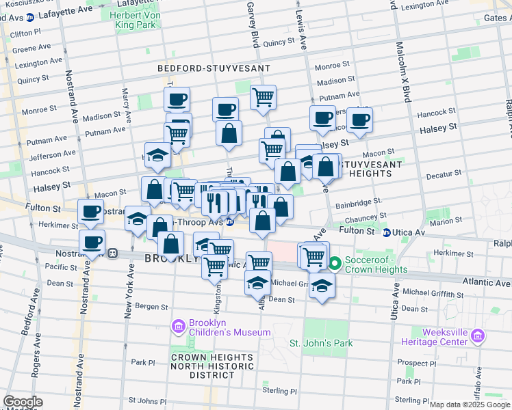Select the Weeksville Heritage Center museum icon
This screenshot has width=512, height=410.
click(x=478, y=336)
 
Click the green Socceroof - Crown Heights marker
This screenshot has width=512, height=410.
click(x=335, y=263)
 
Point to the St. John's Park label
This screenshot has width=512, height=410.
click(x=320, y=343)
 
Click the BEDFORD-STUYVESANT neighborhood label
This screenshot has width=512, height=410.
click(x=214, y=69)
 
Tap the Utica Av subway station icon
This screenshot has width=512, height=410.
click(x=387, y=232)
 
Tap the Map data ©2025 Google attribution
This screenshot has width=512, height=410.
click(x=470, y=405)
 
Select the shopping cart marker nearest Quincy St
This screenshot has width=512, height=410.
click(x=263, y=98)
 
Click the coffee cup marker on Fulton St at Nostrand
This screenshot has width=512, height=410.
click(x=91, y=212)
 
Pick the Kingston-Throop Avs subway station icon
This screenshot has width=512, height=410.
click(x=231, y=222)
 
